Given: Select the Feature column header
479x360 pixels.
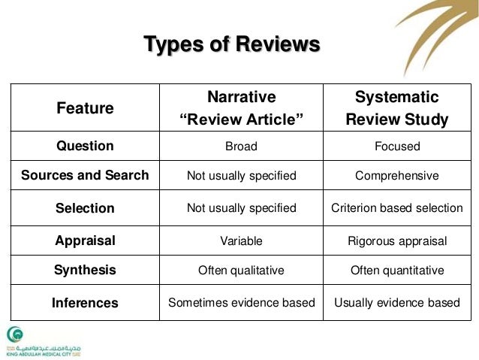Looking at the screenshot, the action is pos(85,107).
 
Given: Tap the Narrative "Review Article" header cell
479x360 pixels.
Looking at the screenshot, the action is pos(241,107).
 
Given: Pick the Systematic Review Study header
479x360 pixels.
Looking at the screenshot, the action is pos(396,107).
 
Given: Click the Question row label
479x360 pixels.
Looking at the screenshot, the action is pos(85,147).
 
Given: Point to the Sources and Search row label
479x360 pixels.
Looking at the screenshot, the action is pos(85,176).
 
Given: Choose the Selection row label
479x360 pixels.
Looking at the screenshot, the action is pos(85,208).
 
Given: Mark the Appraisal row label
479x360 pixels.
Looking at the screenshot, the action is pos(85,241).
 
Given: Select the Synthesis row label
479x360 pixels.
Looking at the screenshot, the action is pos(85,271).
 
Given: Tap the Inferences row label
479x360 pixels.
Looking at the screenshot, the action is pos(85,304).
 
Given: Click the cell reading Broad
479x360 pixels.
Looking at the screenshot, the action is pos(241,147).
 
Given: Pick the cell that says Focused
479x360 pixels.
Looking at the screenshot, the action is pos(396,147).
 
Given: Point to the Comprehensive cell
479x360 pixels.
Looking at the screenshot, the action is pos(396,176).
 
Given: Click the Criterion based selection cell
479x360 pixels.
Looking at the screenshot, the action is pos(396,208).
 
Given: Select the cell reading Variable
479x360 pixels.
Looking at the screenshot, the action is pos(241,241).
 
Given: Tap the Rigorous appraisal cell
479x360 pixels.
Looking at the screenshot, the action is pos(396,241).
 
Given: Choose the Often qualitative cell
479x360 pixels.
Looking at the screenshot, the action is pos(241,271).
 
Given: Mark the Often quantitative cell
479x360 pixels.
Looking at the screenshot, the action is pos(396,271).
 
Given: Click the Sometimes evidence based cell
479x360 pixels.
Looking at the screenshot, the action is pos(241,304).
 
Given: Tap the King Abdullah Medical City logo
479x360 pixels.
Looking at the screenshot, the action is pos(26,342).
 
